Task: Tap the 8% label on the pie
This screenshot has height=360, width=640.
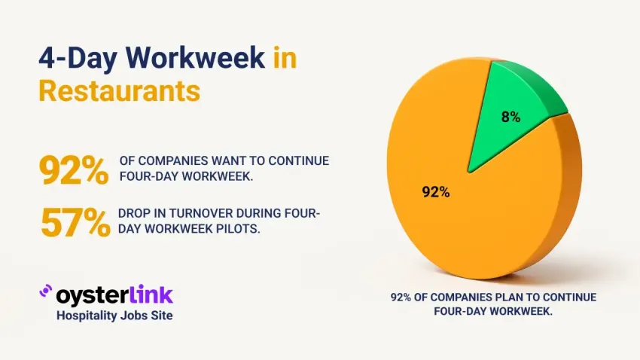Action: coord(510,117)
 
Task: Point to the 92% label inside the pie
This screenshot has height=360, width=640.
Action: coord(436,192)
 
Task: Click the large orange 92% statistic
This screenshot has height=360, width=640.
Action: coord(73,170)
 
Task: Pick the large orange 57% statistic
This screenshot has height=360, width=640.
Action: coord(75,222)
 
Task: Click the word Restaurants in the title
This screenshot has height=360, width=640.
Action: coord(119,90)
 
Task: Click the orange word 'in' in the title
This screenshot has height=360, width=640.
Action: coord(285,57)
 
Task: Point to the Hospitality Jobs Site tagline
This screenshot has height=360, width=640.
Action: coord(114,316)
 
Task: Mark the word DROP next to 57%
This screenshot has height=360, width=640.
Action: coord(135,215)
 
